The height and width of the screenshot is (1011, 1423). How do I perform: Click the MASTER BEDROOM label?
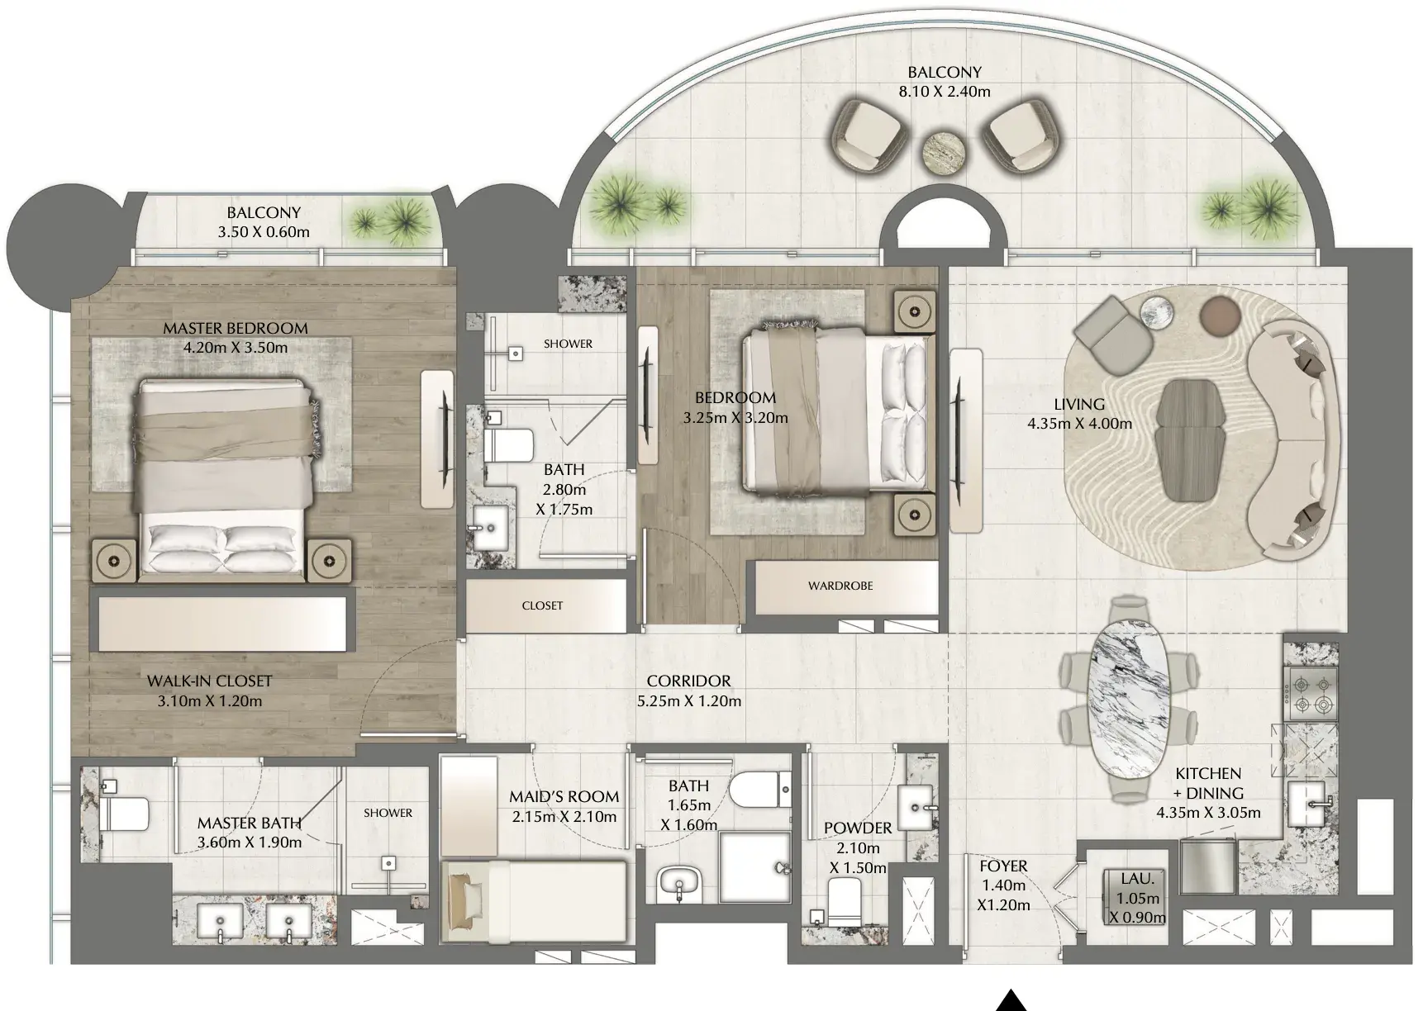click(236, 328)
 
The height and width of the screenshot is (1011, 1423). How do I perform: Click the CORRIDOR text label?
click(688, 681)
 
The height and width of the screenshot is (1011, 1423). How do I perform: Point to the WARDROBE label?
click(840, 586)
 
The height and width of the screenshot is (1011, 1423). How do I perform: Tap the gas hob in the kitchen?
click(1309, 695)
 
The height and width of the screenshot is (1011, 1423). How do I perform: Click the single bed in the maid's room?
click(535, 900)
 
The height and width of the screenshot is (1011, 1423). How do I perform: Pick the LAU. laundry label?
click(1138, 880)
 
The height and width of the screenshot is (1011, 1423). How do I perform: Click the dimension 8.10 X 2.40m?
click(945, 92)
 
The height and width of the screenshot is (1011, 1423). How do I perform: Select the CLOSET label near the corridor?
click(542, 605)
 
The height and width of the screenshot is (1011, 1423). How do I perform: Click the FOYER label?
click(1003, 866)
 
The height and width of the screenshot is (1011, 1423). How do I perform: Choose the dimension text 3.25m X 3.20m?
click(735, 418)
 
